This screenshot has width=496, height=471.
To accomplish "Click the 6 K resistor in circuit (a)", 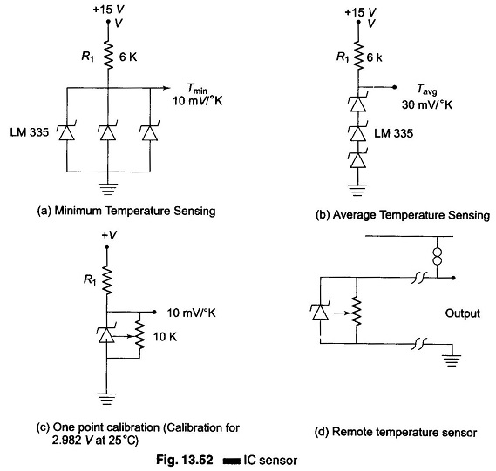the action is pyautogui.click(x=108, y=57).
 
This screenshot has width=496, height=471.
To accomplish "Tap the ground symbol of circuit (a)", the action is pyautogui.click(x=108, y=189).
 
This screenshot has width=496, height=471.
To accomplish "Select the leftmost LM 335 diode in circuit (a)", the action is pyautogui.click(x=67, y=131).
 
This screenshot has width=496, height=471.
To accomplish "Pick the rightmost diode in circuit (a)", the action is pyautogui.click(x=150, y=131).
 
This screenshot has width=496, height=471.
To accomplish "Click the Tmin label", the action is pyautogui.click(x=197, y=89).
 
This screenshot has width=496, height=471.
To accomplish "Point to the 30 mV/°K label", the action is pyautogui.click(x=427, y=104).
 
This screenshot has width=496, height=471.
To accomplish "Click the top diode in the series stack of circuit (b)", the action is pyautogui.click(x=358, y=104).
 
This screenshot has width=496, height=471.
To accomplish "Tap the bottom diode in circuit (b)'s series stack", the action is pyautogui.click(x=358, y=159).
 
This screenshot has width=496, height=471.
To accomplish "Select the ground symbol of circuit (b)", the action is pyautogui.click(x=357, y=190).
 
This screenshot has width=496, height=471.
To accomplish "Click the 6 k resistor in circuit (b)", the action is pyautogui.click(x=358, y=57).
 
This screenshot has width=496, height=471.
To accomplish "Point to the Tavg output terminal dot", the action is pyautogui.click(x=394, y=87).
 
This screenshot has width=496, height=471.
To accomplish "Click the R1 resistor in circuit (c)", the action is pyautogui.click(x=107, y=280).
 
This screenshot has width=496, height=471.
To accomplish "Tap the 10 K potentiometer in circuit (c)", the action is pyautogui.click(x=139, y=335).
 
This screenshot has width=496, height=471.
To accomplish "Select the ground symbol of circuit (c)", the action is pyautogui.click(x=107, y=400).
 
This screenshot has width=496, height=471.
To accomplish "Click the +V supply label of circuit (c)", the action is pyautogui.click(x=109, y=235).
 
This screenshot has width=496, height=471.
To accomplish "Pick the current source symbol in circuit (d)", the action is pyautogui.click(x=437, y=256).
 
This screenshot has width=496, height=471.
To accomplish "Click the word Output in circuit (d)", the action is pyautogui.click(x=463, y=313).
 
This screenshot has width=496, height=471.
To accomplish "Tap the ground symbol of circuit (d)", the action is pyautogui.click(x=452, y=360).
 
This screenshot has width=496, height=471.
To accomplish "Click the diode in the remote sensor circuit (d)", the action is pyautogui.click(x=320, y=311).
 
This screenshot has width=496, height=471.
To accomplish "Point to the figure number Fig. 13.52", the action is pyautogui.click(x=185, y=460).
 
